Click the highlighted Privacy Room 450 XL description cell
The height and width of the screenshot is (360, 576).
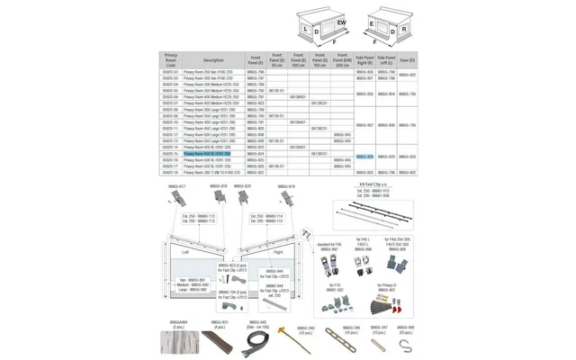pos(207,154)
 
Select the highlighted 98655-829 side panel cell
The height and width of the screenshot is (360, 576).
pos(364,157)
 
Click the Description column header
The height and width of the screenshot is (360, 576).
pos(213,60)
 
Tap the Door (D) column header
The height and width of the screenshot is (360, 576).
pos(407,60)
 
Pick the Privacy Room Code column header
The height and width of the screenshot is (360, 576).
pos(171,60)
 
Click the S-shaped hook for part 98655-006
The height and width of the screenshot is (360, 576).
pos(406,344)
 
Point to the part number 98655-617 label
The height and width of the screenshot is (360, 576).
pos(178,186)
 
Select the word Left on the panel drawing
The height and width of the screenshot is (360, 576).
pos(184,252)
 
